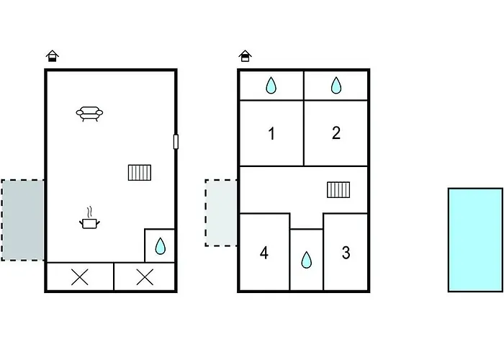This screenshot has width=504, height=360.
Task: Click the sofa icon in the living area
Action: pos(89,114)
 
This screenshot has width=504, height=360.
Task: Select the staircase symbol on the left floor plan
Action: pos(140,173)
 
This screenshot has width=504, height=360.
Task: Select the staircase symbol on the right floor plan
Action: pos(338,189)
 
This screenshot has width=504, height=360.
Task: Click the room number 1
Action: pos(271,133)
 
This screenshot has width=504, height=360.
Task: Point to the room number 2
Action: pos(336,132)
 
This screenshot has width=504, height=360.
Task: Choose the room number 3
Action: pos(346,253)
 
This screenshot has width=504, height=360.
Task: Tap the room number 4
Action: pos(264,253)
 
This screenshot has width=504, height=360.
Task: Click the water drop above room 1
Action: pos(271,85)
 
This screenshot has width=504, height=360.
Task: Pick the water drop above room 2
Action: pos(336,85)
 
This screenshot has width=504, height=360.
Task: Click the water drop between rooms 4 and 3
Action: pos(306,260)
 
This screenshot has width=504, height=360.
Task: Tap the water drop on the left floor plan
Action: pos(160,246)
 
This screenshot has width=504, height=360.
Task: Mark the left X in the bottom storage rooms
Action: pos(80,277)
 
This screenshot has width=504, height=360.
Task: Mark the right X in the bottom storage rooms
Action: pos(145,277)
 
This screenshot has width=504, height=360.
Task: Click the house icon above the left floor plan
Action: pos(52,56)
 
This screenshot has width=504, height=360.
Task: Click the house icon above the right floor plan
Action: pos(246,56)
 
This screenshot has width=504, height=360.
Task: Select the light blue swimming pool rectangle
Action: pos(475,240)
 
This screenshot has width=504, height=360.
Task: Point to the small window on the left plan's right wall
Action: pos(176,142)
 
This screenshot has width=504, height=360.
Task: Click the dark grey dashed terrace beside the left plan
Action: pos(22,220)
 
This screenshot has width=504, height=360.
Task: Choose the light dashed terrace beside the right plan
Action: pos(221,213)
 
